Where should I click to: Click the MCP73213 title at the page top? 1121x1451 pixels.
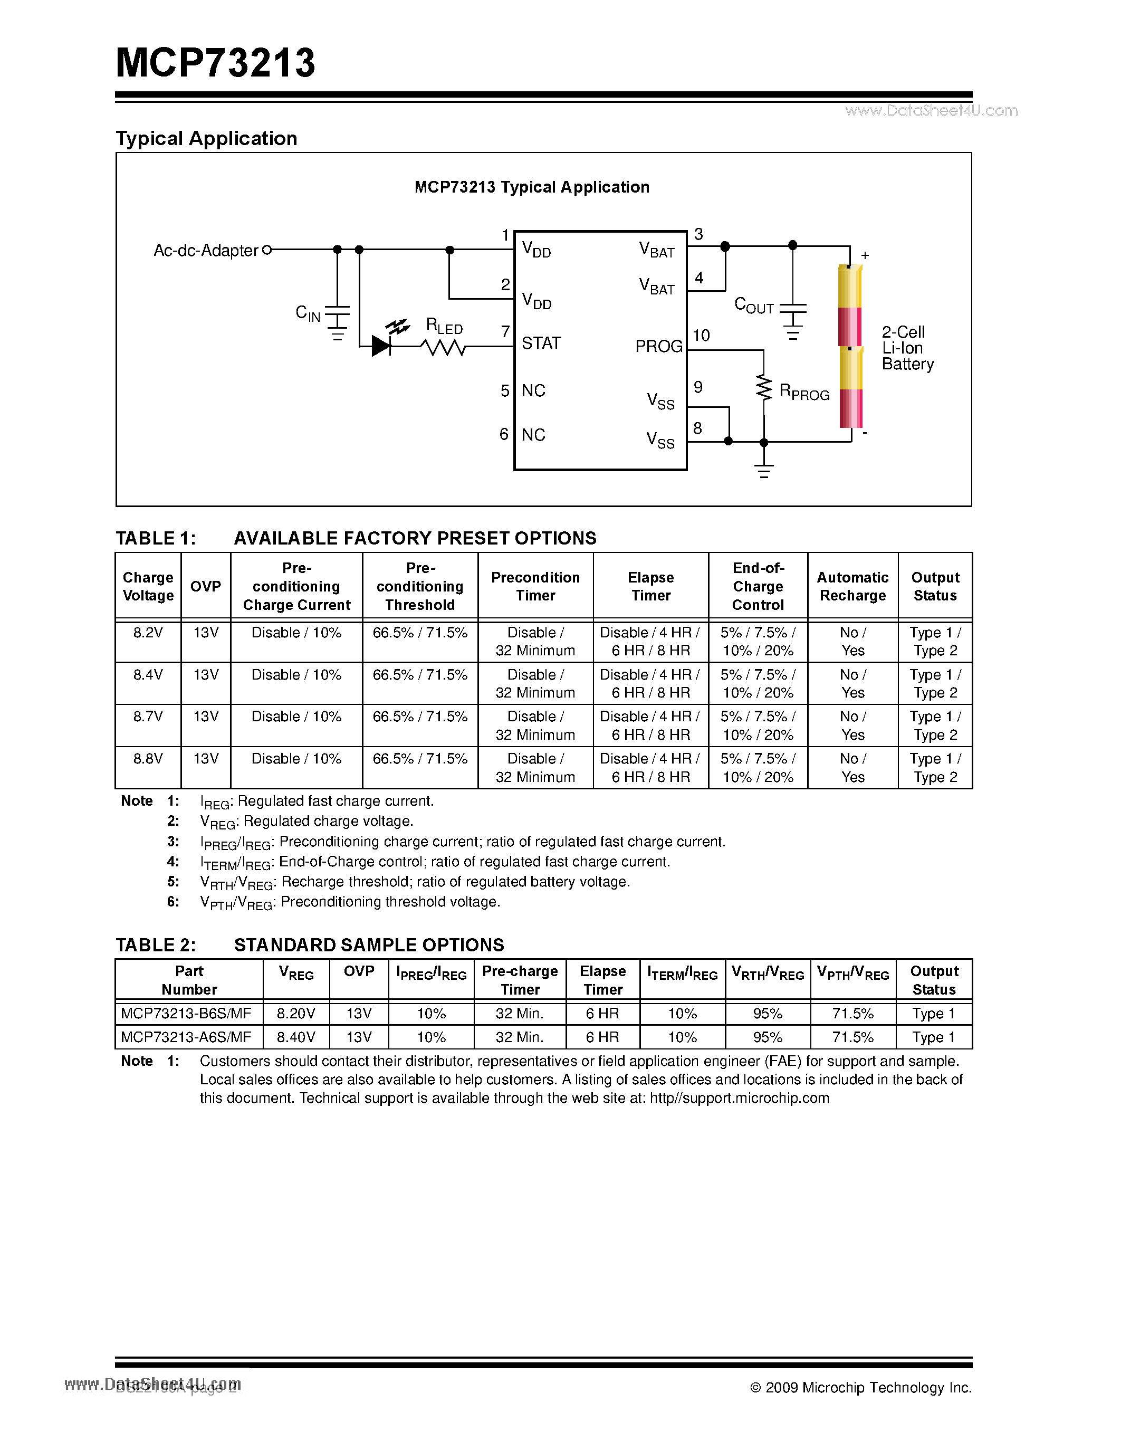click(x=215, y=64)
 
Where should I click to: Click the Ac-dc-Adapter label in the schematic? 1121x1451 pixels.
click(x=205, y=251)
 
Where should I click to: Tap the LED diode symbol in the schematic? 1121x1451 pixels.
click(x=381, y=346)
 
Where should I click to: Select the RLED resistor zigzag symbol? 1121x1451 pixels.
click(x=443, y=347)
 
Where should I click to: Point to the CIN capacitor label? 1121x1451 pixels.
click(x=308, y=313)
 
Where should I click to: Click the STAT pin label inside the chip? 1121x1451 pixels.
click(x=541, y=343)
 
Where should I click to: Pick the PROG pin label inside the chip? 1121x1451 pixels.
click(x=658, y=346)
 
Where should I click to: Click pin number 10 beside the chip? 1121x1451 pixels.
click(x=701, y=336)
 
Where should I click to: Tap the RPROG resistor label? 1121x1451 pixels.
click(x=804, y=392)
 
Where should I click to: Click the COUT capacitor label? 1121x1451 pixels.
click(x=754, y=306)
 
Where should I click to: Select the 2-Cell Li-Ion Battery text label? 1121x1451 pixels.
click(x=907, y=348)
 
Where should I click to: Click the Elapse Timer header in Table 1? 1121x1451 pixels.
click(x=651, y=587)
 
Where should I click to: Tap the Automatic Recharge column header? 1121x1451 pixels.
click(x=852, y=587)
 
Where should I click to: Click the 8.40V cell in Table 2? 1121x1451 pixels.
click(x=295, y=1037)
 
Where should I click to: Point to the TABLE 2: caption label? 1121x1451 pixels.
click(x=156, y=945)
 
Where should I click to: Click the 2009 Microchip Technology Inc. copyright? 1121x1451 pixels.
click(x=861, y=1387)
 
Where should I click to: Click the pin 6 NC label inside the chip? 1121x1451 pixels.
click(x=533, y=435)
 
